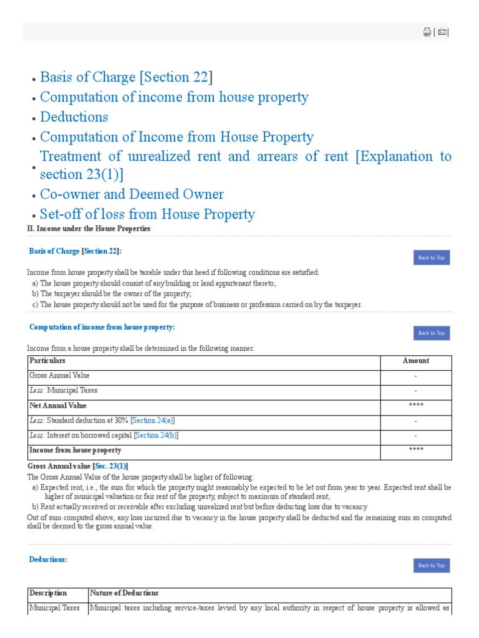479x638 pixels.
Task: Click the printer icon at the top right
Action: (x=427, y=32)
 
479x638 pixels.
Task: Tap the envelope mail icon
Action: (x=442, y=32)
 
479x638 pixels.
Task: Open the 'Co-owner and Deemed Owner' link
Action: (x=132, y=194)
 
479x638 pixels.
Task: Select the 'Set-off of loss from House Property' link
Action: (x=147, y=214)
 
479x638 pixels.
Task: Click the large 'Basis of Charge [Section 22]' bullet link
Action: (x=126, y=77)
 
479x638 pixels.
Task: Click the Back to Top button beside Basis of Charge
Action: (x=431, y=258)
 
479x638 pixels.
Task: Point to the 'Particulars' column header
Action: (x=47, y=361)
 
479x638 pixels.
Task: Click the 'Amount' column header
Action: (x=415, y=361)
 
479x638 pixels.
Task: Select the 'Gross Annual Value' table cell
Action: (x=59, y=376)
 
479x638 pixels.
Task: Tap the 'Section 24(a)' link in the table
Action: (x=153, y=421)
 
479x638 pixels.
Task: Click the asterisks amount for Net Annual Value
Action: (x=415, y=406)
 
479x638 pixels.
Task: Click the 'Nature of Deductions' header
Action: (x=124, y=593)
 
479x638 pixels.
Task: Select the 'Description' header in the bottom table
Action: (x=48, y=593)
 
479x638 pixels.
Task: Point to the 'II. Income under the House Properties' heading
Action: (x=89, y=229)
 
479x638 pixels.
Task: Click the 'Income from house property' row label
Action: (x=75, y=450)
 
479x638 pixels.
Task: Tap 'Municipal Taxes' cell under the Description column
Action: (x=54, y=608)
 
